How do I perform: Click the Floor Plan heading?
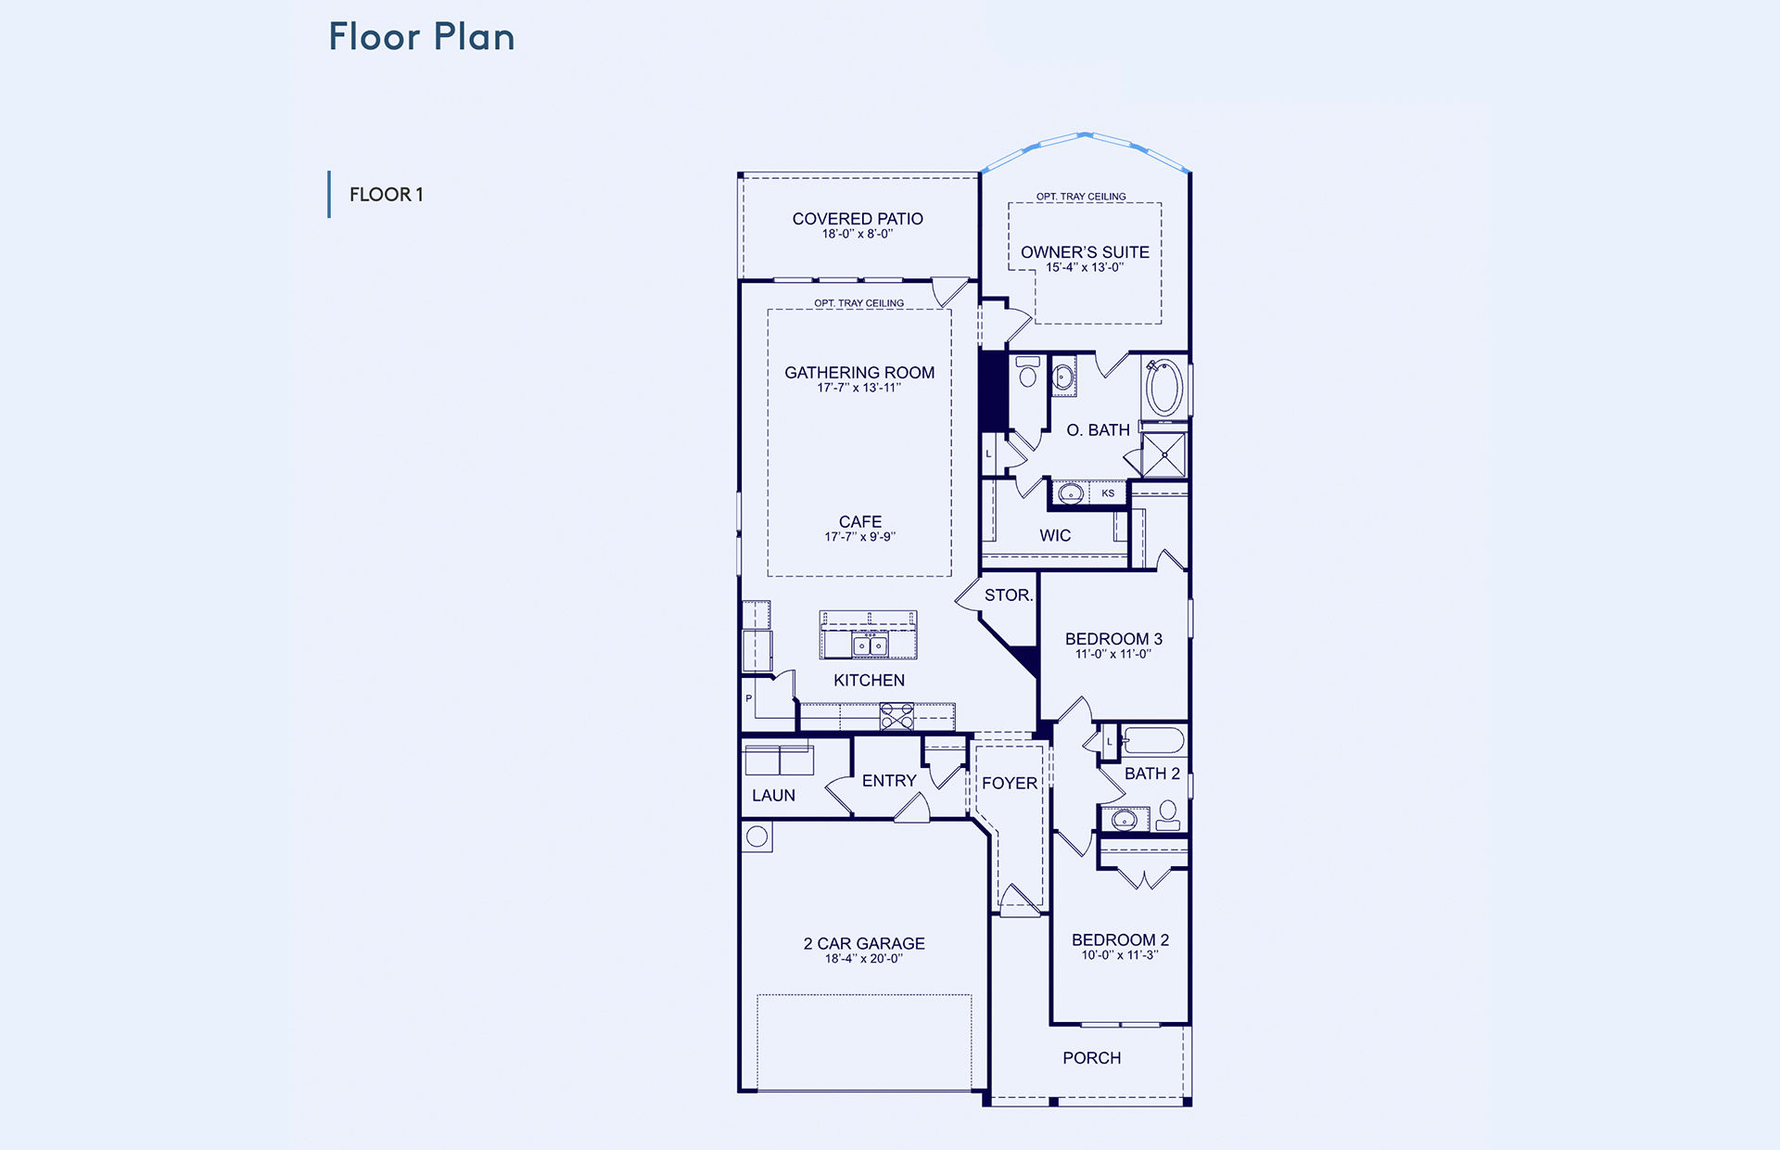pyautogui.click(x=422, y=37)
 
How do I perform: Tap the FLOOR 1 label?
pyautogui.click(x=387, y=195)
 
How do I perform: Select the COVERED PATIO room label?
pyautogui.click(x=858, y=219)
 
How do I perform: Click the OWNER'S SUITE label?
pyautogui.click(x=1085, y=252)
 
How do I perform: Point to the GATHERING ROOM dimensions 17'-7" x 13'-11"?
pyautogui.click(x=859, y=388)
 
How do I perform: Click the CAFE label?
pyautogui.click(x=860, y=522)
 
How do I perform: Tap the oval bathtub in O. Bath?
pyautogui.click(x=1164, y=389)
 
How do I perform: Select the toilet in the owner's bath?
pyautogui.click(x=1027, y=371)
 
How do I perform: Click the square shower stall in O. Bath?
pyautogui.click(x=1163, y=455)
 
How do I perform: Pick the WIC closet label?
pyautogui.click(x=1055, y=536)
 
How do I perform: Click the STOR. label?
pyautogui.click(x=1009, y=595)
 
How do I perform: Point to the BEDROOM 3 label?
pyautogui.click(x=1113, y=639)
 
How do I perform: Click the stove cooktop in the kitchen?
pyautogui.click(x=896, y=717)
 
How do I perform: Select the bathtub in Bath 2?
pyautogui.click(x=1153, y=741)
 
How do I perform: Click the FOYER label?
pyautogui.click(x=1010, y=784)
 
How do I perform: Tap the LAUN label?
pyautogui.click(x=773, y=796)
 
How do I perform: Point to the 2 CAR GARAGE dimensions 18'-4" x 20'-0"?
pyautogui.click(x=864, y=959)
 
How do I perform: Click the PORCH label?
pyautogui.click(x=1092, y=1058)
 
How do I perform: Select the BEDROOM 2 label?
pyautogui.click(x=1120, y=940)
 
